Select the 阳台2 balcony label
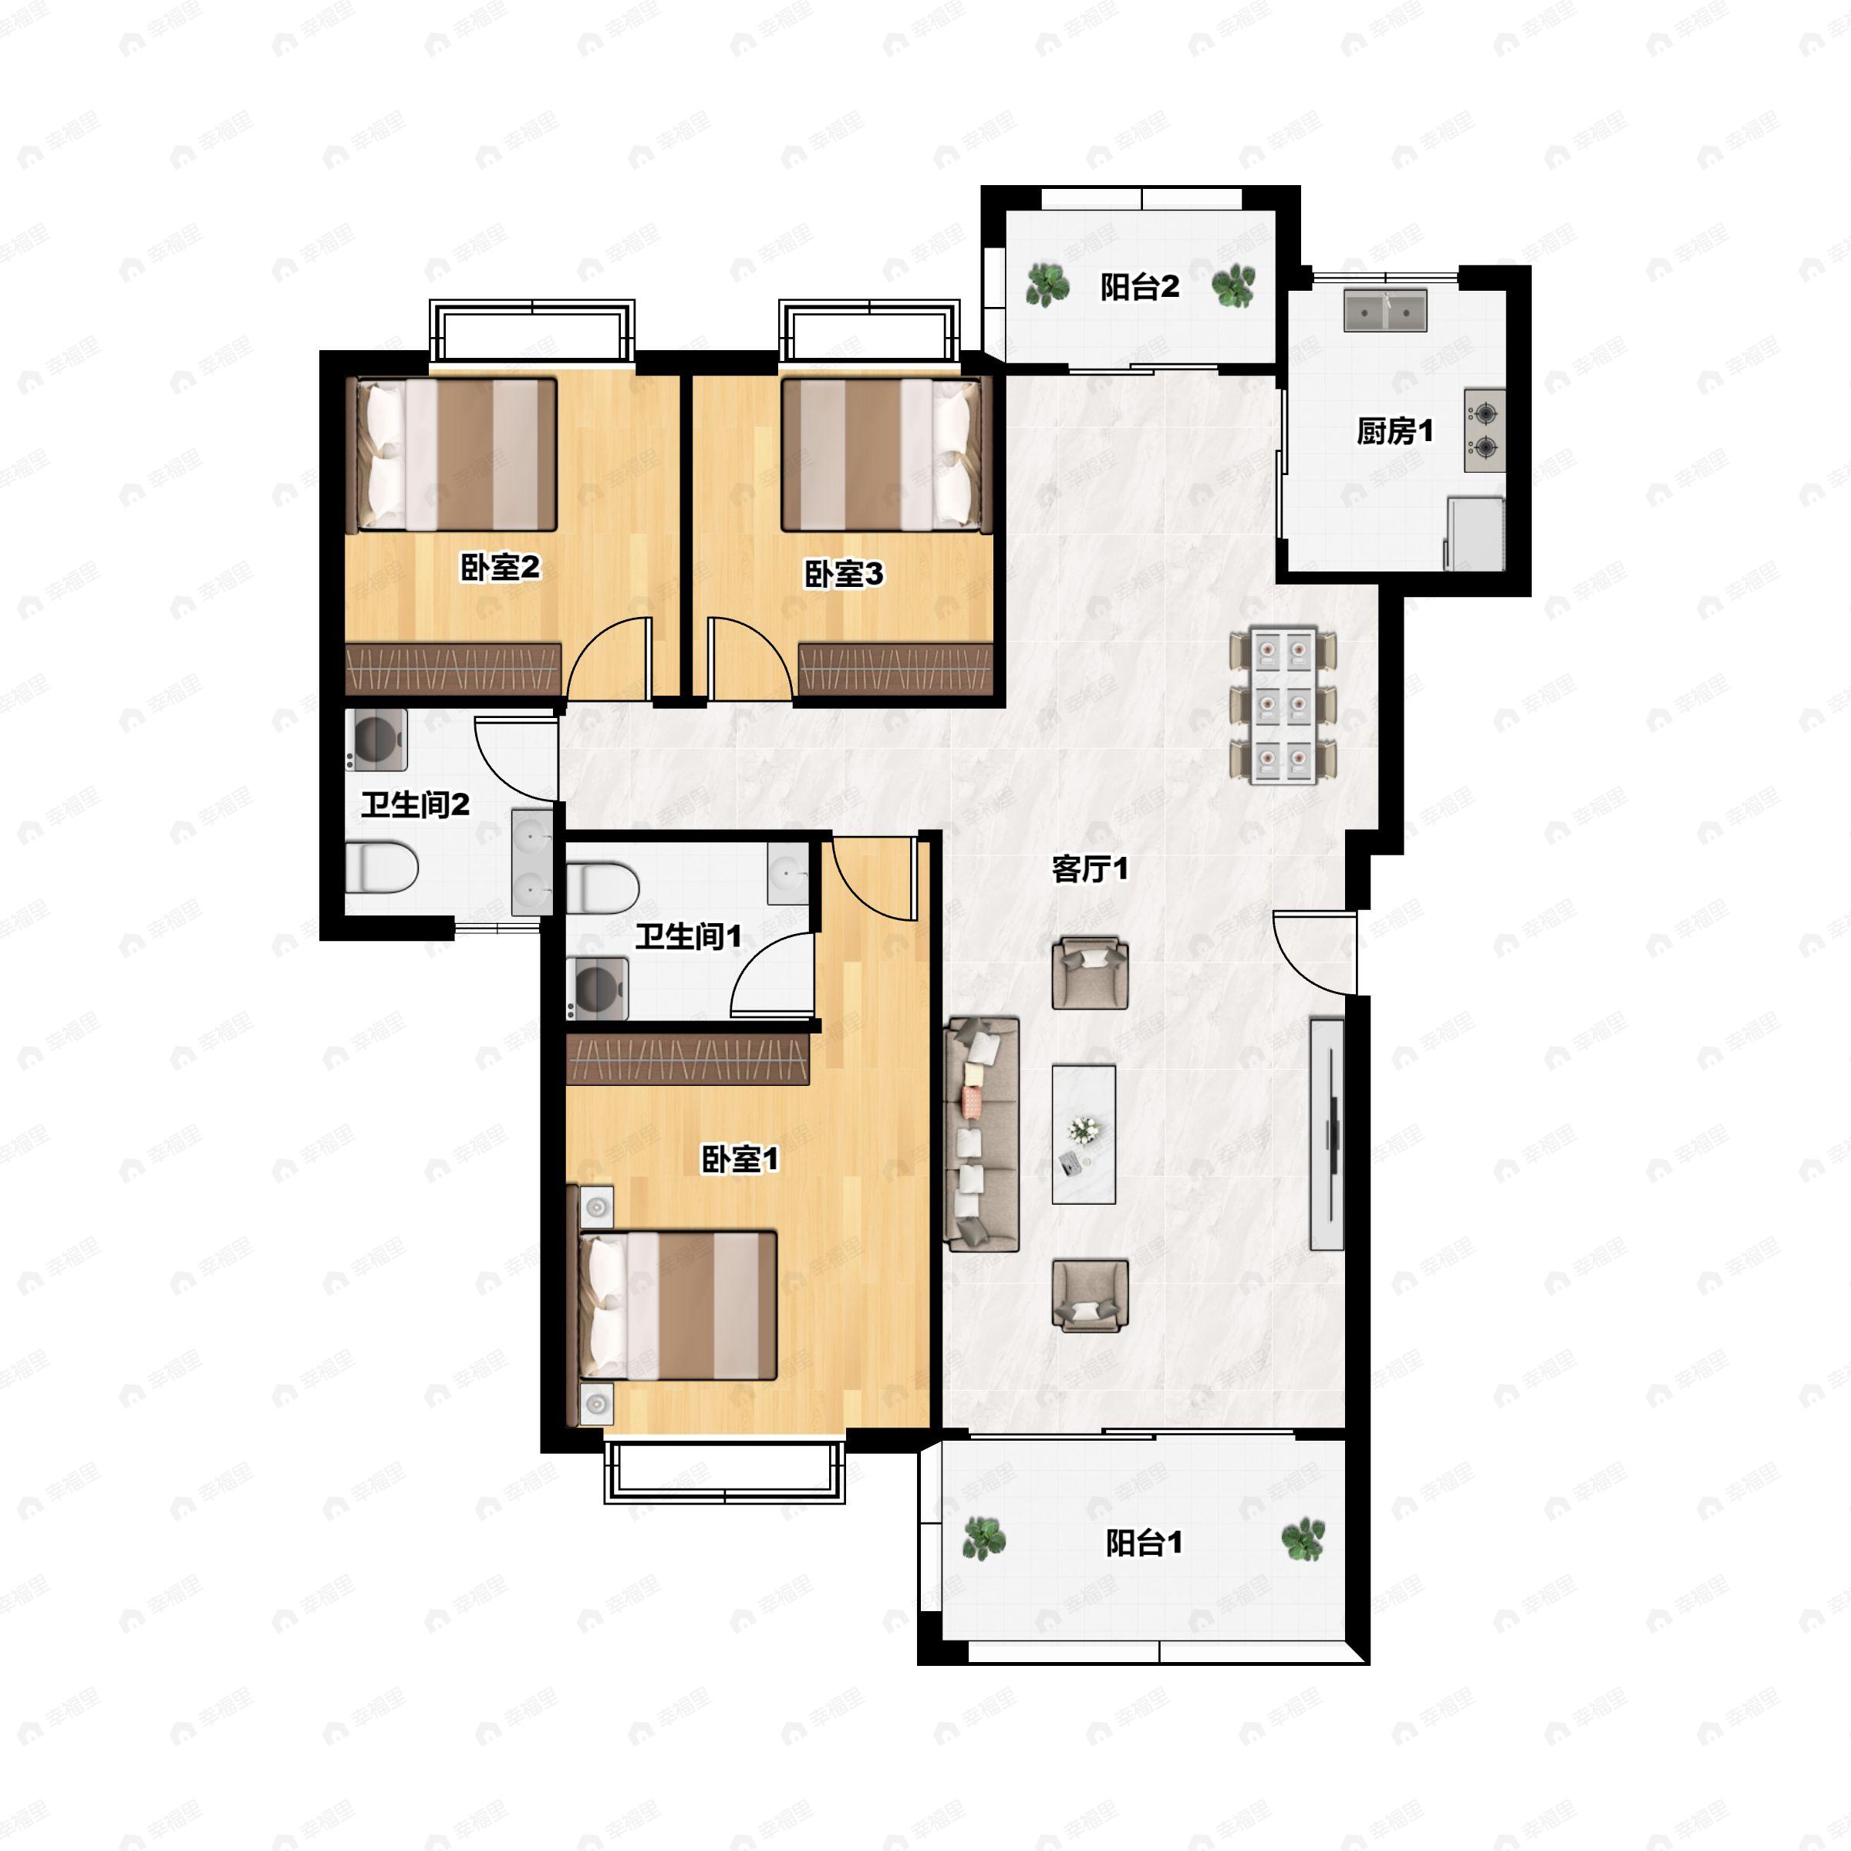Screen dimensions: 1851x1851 click(x=1139, y=286)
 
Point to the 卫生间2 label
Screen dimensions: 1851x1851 click(x=415, y=804)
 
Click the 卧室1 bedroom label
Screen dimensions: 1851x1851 click(x=740, y=1159)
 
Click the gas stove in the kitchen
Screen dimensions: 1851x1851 click(x=1484, y=430)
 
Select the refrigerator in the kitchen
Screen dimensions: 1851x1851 click(x=1475, y=533)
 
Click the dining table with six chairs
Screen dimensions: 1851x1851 click(x=1283, y=705)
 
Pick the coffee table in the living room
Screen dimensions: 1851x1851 click(x=1084, y=1135)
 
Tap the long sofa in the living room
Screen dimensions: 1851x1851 click(x=981, y=1135)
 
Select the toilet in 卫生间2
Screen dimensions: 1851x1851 click(x=381, y=868)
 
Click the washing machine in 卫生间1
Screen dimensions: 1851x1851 click(x=597, y=988)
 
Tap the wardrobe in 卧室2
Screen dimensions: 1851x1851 click(x=453, y=668)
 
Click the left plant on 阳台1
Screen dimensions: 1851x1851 click(x=984, y=1539)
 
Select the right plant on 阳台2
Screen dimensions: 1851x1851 click(x=1233, y=285)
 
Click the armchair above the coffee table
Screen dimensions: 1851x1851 click(x=1089, y=973)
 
